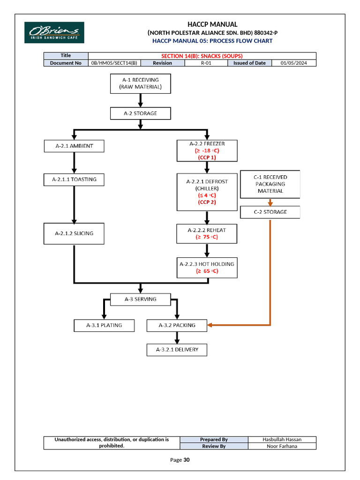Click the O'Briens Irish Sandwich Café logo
click(x=54, y=32)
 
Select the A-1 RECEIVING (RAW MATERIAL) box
click(x=141, y=83)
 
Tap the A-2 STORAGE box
click(x=141, y=113)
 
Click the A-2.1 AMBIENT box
click(x=74, y=146)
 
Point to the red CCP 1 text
click(x=207, y=157)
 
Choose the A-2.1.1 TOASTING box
click(x=74, y=179)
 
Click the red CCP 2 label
click(x=207, y=202)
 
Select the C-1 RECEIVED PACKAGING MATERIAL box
click(x=270, y=184)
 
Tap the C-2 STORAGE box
click(x=270, y=212)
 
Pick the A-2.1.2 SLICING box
click(x=74, y=233)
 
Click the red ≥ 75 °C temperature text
click(x=207, y=237)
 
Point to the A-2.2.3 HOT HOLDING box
click(x=207, y=267)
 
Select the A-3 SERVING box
click(x=141, y=299)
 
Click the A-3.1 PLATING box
click(x=104, y=325)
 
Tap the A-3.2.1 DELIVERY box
click(x=177, y=350)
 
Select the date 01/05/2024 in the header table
click(x=294, y=63)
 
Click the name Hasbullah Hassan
click(x=282, y=439)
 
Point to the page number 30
click(x=187, y=460)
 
